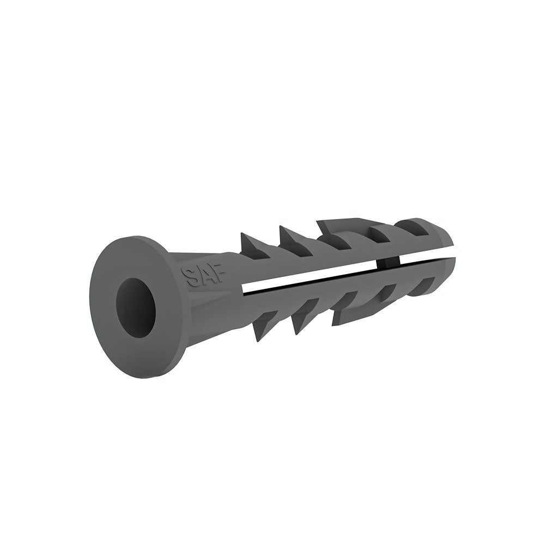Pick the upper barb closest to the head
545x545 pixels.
252,243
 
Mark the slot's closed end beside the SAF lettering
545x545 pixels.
243,287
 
